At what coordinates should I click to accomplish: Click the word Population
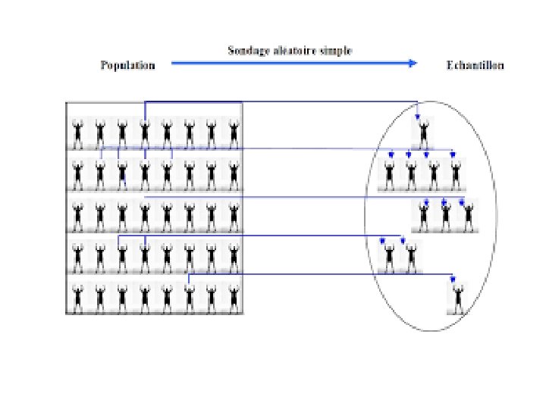128,65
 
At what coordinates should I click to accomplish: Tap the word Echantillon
476,65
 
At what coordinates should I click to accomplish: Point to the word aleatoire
300,51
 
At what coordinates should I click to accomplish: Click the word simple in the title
339,51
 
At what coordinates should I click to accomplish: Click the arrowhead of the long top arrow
414,64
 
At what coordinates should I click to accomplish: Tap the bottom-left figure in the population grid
77,296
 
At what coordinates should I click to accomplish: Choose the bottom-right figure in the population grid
234,296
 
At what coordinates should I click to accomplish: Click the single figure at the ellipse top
423,133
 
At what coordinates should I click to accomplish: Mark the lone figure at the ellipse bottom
457,297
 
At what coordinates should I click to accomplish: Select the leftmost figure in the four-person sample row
390,174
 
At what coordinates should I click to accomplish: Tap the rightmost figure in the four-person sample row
455,174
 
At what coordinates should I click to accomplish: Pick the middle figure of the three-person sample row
446,216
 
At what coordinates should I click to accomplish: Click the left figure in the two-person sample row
390,257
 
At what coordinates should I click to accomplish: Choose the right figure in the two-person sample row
411,257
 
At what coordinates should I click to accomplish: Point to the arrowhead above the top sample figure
418,117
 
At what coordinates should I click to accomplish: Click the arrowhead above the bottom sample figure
453,279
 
